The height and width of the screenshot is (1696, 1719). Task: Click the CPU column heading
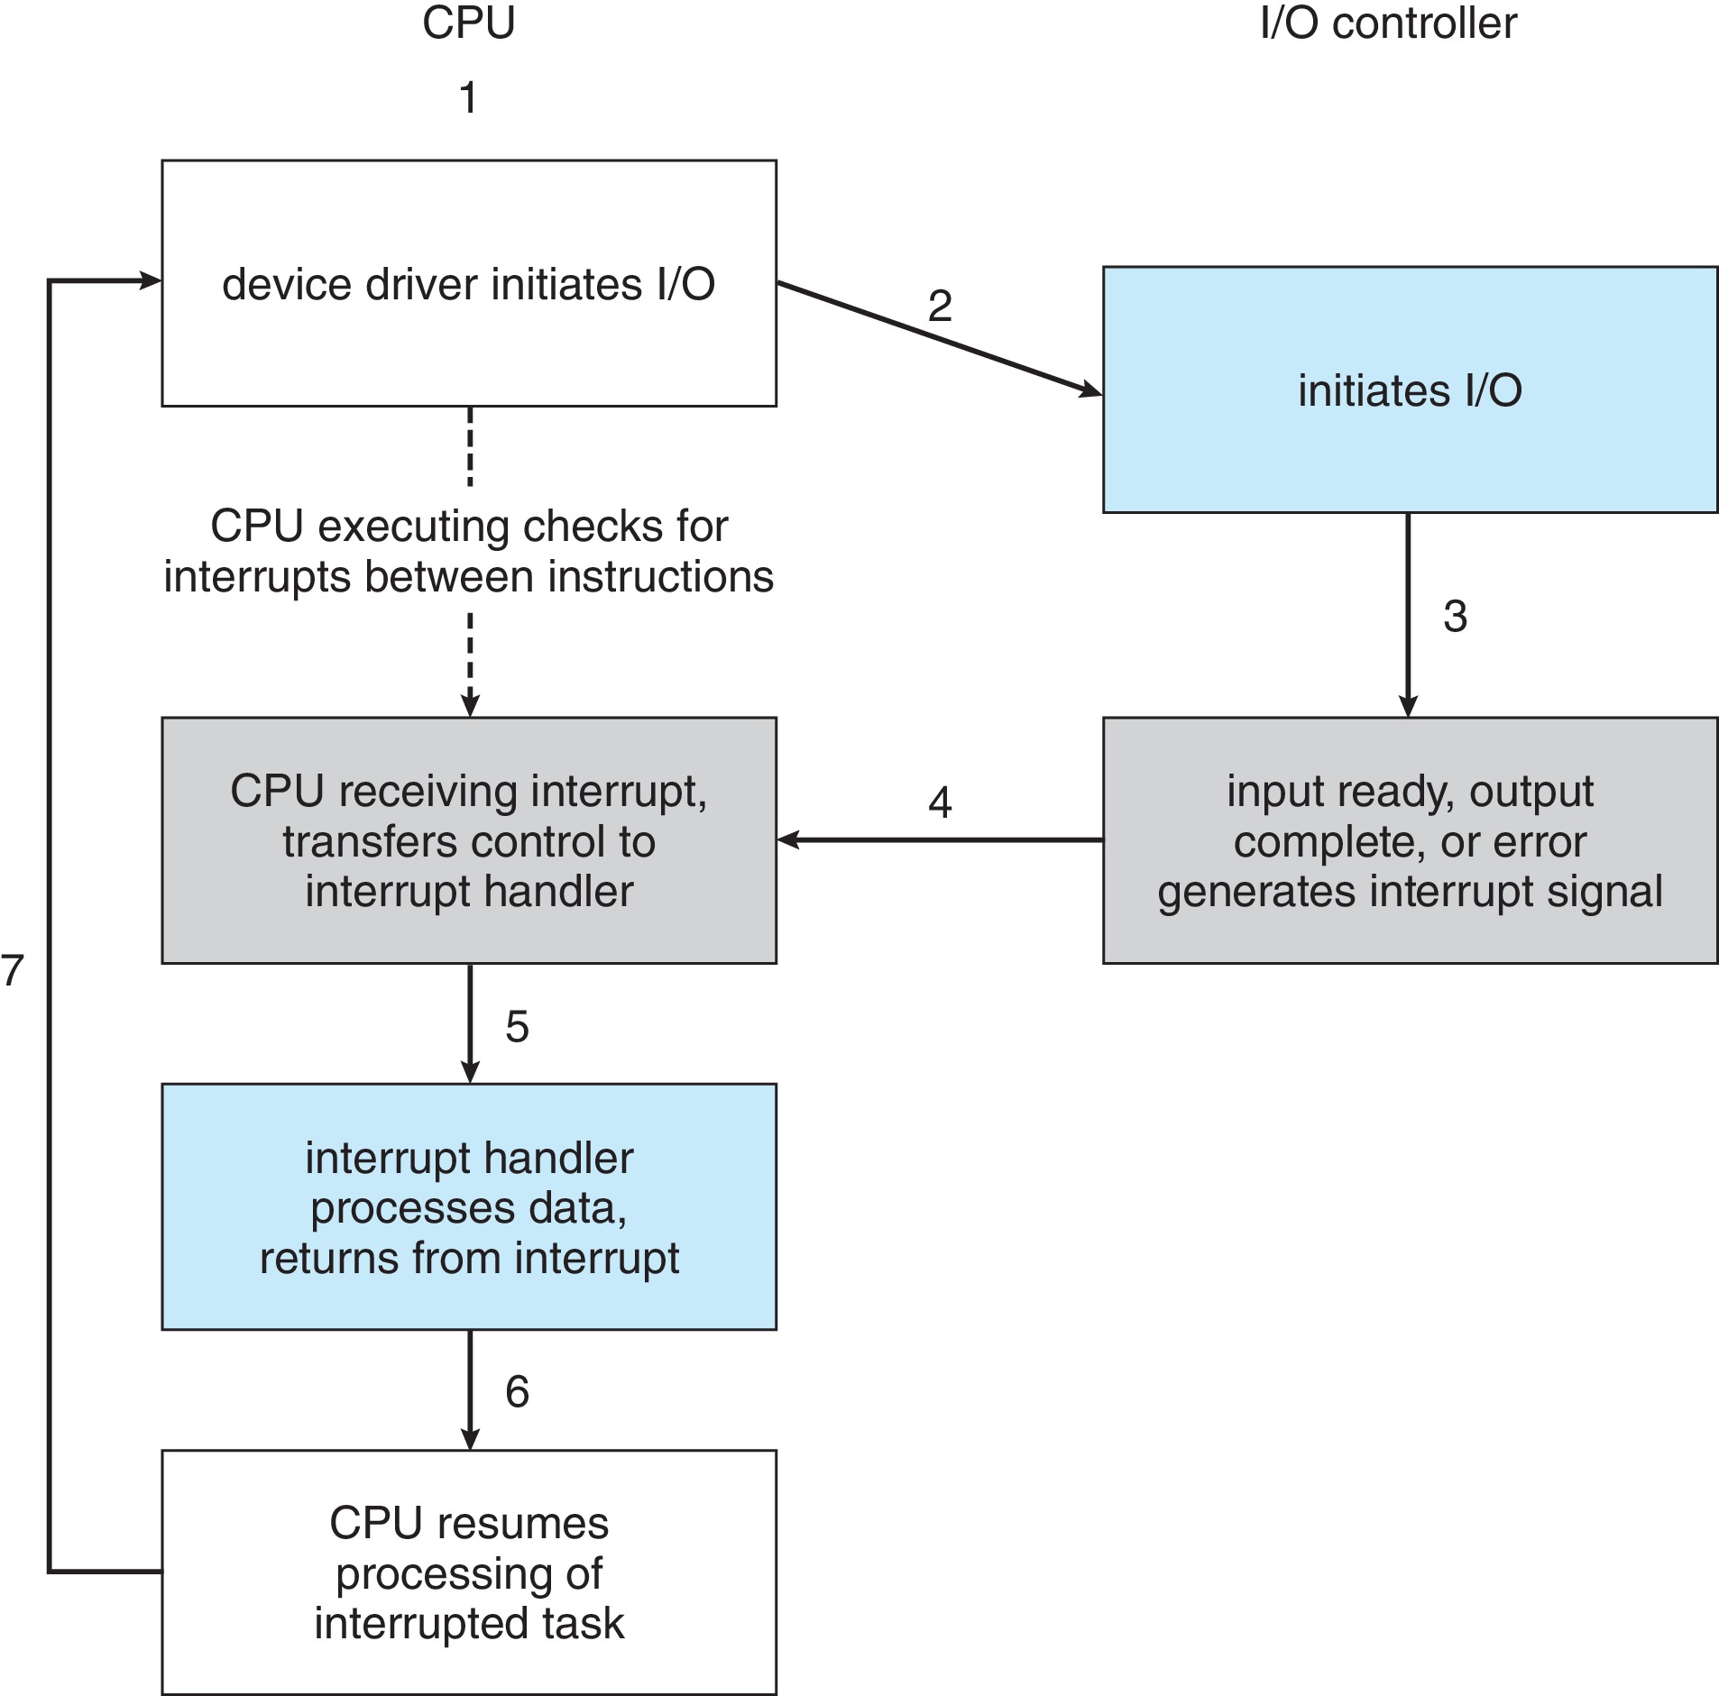(x=468, y=23)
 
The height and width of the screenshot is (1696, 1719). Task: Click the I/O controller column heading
(x=1387, y=23)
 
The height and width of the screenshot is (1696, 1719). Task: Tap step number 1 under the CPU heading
(x=467, y=97)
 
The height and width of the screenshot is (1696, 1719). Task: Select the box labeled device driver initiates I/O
(x=468, y=283)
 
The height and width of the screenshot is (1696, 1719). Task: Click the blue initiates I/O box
(x=1409, y=390)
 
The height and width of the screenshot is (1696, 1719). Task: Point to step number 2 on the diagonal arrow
(x=939, y=307)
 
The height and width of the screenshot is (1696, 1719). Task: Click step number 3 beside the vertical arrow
(x=1454, y=617)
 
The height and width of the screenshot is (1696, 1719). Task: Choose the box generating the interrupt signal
(x=1409, y=840)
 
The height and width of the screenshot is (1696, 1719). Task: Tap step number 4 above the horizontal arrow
(x=939, y=802)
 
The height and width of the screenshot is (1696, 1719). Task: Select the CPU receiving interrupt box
(x=468, y=840)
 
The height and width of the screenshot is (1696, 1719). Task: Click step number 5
(x=516, y=1026)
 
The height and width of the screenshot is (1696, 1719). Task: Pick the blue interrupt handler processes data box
(x=468, y=1206)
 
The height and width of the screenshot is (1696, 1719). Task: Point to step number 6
(x=516, y=1391)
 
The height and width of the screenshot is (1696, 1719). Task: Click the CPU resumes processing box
(x=468, y=1572)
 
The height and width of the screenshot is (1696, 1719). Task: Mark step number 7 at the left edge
(x=12, y=970)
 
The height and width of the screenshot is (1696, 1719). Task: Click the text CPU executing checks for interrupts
(x=468, y=551)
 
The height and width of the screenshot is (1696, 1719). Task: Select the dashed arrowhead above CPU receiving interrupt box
(x=470, y=705)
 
